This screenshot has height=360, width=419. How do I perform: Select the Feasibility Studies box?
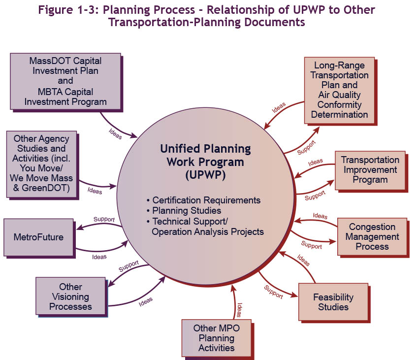[333, 302]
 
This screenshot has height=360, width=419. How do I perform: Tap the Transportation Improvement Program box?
[370, 170]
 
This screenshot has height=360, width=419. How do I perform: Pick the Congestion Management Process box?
[372, 236]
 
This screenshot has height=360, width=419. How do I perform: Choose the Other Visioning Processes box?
[70, 296]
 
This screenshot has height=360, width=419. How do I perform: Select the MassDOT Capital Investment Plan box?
[65, 81]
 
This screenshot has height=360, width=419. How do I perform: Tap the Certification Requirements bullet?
[206, 200]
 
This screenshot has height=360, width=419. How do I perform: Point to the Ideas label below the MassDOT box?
[115, 133]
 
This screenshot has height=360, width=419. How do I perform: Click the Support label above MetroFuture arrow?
[104, 219]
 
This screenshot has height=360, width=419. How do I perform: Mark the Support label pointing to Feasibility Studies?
[274, 292]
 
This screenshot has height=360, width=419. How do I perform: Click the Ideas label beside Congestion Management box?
[320, 216]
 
